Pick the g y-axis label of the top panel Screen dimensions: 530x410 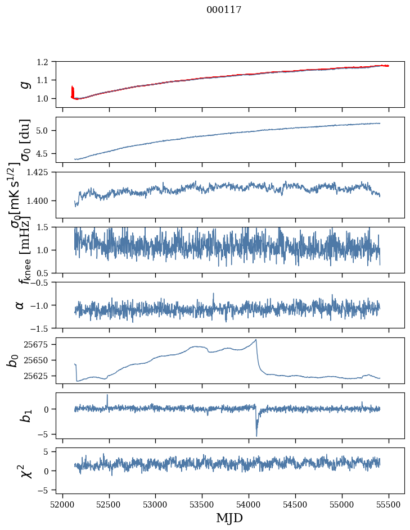[24, 84]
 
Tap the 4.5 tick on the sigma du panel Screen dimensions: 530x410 [48, 153]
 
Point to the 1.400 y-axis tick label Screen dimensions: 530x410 [43, 200]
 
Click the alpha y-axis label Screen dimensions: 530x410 [20, 305]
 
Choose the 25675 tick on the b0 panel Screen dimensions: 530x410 [43, 344]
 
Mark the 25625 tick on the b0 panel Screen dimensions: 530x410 [43, 376]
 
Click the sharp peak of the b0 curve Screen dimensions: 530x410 [256, 339]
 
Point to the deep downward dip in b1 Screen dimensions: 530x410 [256, 436]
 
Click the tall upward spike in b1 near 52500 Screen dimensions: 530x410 [107, 395]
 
